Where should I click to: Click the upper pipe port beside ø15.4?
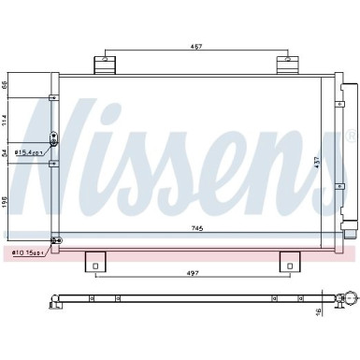[53, 138]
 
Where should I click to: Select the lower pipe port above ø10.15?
[53, 240]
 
